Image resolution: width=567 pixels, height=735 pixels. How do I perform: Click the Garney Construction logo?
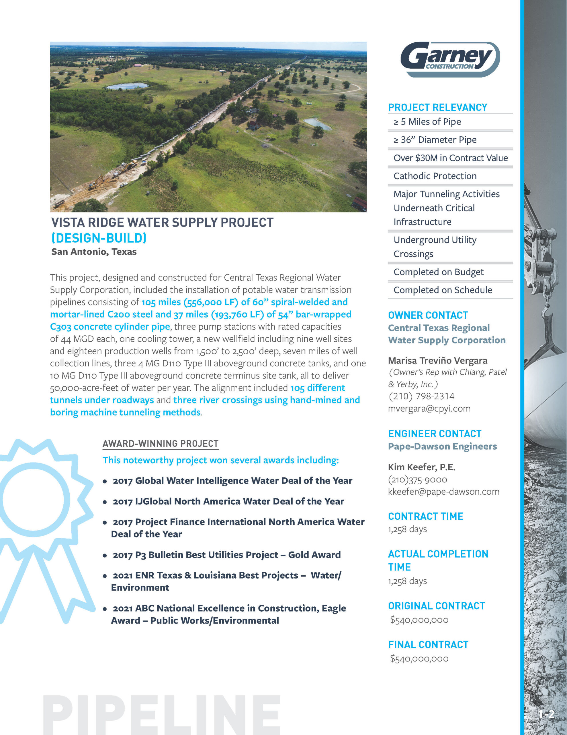(450, 59)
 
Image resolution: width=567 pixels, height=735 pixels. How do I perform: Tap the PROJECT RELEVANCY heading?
(437, 107)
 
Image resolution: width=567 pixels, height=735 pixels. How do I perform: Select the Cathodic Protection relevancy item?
(435, 176)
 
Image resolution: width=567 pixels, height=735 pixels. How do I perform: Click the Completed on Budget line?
(438, 272)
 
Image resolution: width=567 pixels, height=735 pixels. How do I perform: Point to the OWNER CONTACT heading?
(428, 315)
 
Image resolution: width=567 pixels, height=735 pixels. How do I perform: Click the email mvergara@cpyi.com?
(429, 409)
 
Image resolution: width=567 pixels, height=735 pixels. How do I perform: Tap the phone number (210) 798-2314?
(421, 396)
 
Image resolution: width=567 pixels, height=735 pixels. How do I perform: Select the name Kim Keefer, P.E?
(421, 467)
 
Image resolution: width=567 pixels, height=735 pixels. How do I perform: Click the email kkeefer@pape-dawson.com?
(444, 492)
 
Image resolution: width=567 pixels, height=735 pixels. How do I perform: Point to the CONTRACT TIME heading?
(425, 516)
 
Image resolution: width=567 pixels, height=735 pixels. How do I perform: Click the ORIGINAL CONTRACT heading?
(436, 606)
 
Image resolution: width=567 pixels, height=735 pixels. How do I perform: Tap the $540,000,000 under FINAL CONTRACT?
(419, 659)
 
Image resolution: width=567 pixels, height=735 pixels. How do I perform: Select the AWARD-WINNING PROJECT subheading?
(160, 444)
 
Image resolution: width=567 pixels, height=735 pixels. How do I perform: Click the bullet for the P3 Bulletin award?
(105, 556)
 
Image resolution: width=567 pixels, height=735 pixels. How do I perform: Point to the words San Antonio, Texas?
(94, 252)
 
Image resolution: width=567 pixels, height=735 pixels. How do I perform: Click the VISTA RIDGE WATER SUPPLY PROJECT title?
(162, 223)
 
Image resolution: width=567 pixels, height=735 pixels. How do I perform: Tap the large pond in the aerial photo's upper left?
(127, 86)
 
